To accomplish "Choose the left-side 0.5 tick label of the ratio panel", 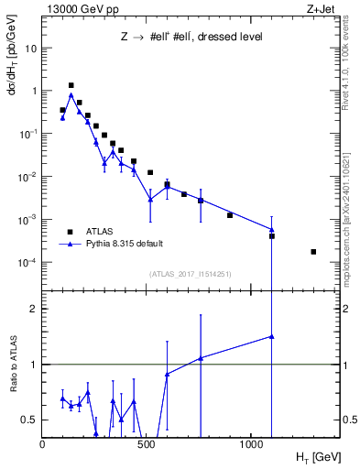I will point(30,420).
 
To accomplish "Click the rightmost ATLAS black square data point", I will point(313,252).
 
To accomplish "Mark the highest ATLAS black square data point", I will point(71,85).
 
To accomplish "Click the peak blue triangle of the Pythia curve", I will point(71,94).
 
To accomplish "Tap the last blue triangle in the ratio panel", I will point(272,336).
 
